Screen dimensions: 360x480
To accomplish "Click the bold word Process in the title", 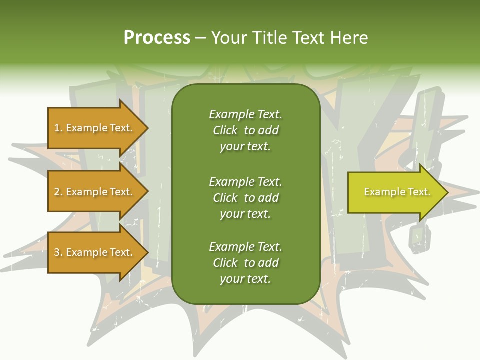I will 157,38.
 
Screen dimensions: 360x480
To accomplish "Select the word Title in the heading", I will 270,38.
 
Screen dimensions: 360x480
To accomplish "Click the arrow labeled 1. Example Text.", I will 95,128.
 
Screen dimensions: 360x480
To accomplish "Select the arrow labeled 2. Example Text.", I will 95,192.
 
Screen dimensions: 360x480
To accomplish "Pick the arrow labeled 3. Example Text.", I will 95,252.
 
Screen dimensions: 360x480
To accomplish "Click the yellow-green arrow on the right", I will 395,192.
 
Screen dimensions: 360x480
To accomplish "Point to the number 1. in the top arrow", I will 58,128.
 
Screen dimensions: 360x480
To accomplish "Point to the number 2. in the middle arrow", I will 58,192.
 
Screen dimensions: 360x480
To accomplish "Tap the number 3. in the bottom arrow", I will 58,252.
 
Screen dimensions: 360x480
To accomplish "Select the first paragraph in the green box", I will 245,130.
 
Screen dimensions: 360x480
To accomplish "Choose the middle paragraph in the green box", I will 245,197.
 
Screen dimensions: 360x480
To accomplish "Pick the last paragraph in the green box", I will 245,263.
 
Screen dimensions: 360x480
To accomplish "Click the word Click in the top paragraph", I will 225,130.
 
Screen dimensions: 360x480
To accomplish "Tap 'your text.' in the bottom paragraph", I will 245,279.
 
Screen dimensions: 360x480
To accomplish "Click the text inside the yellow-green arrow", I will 397,192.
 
